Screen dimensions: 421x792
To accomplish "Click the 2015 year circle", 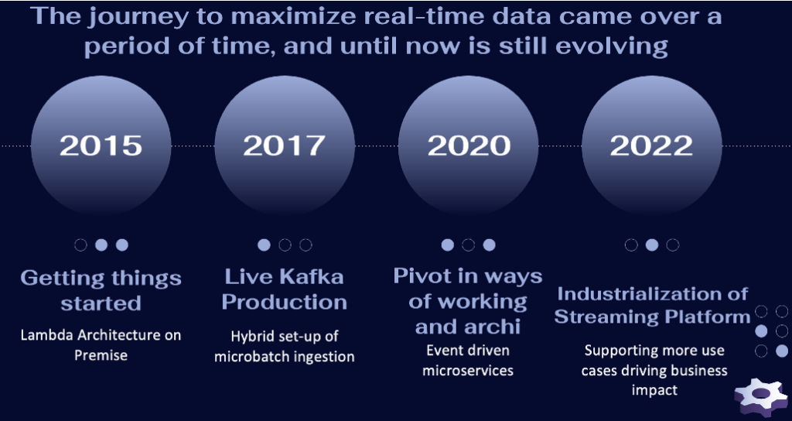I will pos(101,145).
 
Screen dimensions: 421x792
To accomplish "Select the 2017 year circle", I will pos(285,145).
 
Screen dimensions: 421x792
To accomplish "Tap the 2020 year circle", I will pos(469,145).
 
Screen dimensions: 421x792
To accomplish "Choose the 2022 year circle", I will pos(651,145).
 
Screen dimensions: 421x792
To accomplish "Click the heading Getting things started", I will pos(101,290).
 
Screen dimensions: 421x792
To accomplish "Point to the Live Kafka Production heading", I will pos(285,289).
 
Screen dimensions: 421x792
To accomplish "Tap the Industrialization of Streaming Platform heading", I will pos(652,305).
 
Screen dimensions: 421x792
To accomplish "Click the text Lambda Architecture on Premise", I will pos(101,345).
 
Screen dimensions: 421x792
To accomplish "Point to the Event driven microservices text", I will pos(468,360).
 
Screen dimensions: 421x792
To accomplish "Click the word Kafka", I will pos(312,276).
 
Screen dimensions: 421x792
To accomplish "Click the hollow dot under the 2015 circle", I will pos(80,245).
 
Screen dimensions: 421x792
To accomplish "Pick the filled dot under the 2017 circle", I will pos(265,245).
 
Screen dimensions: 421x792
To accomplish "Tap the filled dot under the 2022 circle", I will pos(652,245).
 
